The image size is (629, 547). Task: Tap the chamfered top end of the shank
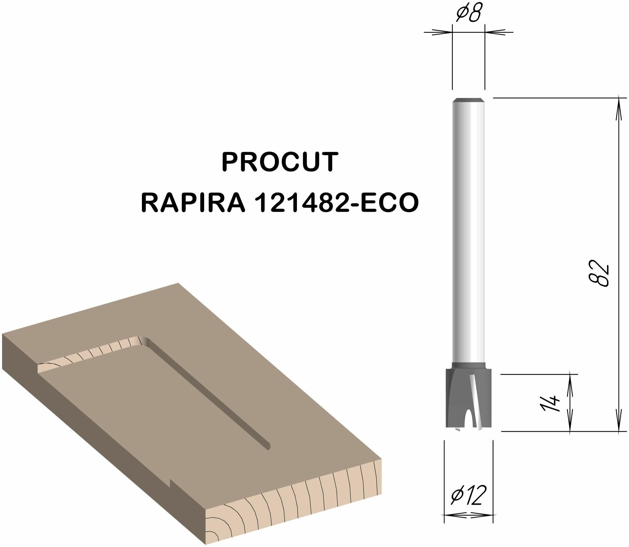[468, 100]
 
